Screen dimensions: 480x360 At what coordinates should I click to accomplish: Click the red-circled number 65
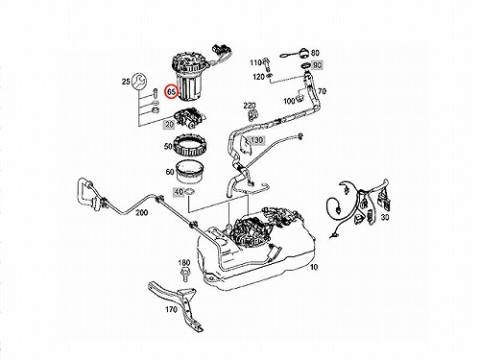pyautogui.click(x=171, y=92)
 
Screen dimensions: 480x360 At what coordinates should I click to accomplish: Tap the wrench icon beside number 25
pyautogui.click(x=139, y=82)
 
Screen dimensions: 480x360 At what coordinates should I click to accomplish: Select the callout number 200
pyautogui.click(x=141, y=213)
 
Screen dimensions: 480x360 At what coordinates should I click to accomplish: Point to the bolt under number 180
pyautogui.click(x=184, y=276)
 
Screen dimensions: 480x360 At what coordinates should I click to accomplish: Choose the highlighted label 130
pyautogui.click(x=256, y=140)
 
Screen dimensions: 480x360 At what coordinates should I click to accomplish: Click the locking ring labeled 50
pyautogui.click(x=188, y=146)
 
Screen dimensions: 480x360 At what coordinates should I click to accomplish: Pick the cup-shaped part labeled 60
pyautogui.click(x=190, y=171)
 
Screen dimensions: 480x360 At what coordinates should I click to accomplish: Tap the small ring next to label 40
pyautogui.click(x=190, y=192)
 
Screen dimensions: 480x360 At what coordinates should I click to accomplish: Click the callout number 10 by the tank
pyautogui.click(x=314, y=267)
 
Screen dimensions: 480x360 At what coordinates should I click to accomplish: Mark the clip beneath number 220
pyautogui.click(x=252, y=116)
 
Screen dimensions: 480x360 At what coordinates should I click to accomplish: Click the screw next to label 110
pyautogui.click(x=266, y=63)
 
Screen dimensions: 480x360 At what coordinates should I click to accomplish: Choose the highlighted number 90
pyautogui.click(x=317, y=65)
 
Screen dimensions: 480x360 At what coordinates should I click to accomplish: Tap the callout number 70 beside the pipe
pyautogui.click(x=322, y=91)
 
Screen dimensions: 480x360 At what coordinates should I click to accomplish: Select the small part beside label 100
pyautogui.click(x=300, y=98)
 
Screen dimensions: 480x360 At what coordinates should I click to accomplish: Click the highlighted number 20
pyautogui.click(x=169, y=124)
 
